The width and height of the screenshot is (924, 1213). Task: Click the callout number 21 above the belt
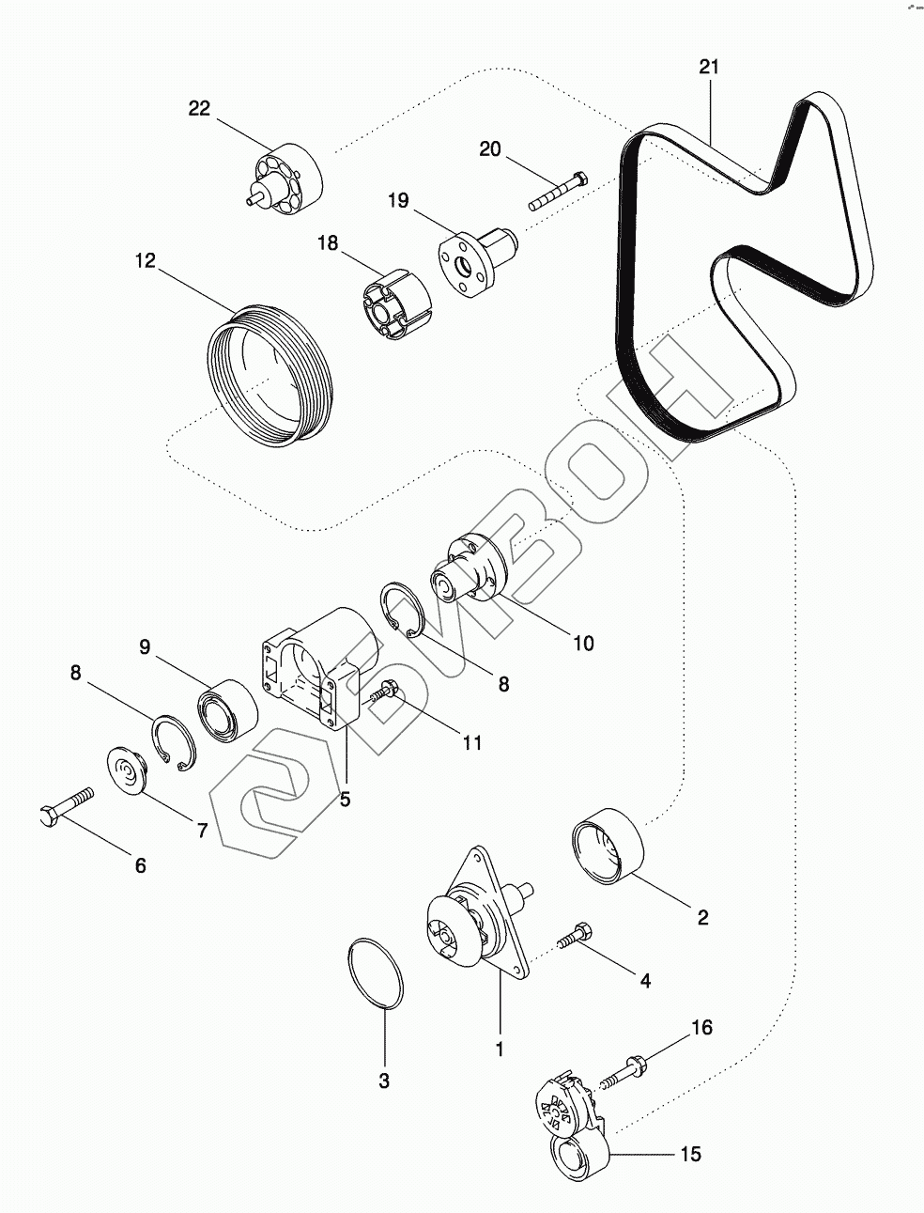tap(709, 67)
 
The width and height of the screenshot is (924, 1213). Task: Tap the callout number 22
tap(199, 108)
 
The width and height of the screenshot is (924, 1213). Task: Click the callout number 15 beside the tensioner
tap(690, 1155)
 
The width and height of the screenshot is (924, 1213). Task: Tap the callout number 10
tap(582, 644)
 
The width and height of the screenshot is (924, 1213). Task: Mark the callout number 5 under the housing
tap(345, 800)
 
